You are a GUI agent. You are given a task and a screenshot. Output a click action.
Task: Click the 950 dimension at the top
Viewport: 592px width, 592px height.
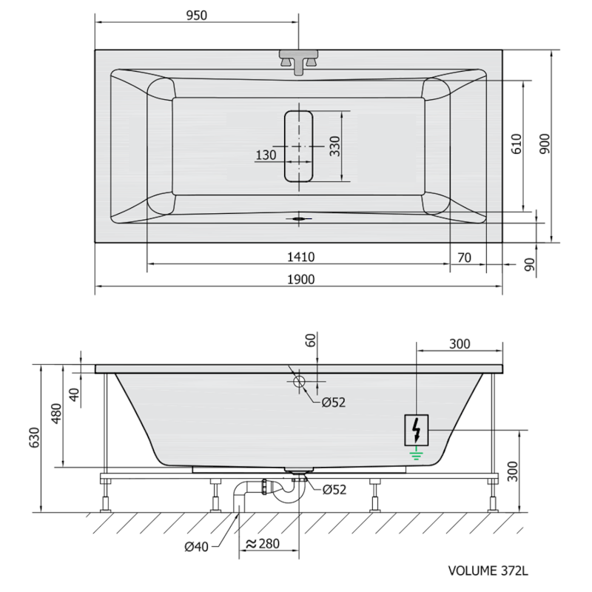point(197,16)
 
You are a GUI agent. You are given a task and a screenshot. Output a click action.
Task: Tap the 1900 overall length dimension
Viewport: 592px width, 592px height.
point(301,280)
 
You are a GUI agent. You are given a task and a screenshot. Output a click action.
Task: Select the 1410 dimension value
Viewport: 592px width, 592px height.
point(301,257)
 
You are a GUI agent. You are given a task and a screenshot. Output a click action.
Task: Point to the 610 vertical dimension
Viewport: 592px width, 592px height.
point(517,144)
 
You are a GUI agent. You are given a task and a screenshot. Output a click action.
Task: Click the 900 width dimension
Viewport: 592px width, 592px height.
point(545,144)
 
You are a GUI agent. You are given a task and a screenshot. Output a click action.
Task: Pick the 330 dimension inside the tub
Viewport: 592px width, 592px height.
point(335,146)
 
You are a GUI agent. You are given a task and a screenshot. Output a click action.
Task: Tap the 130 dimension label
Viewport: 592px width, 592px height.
point(266,155)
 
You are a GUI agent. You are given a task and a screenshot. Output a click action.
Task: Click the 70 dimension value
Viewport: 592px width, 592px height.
point(465,258)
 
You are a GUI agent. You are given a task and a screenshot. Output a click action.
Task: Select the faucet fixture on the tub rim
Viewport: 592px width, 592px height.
point(299,62)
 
